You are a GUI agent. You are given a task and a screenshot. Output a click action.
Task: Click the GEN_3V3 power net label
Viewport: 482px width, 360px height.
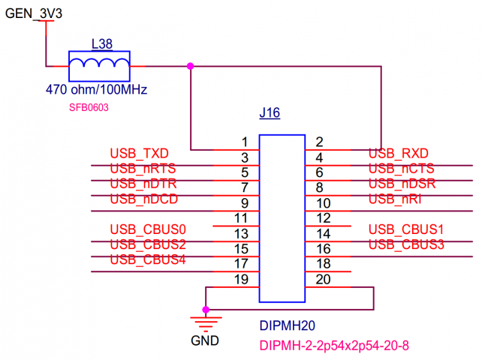point(35,13)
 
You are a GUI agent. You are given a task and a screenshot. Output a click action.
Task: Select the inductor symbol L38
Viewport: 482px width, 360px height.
point(99,66)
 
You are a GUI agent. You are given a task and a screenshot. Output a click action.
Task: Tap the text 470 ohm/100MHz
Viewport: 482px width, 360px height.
point(95,90)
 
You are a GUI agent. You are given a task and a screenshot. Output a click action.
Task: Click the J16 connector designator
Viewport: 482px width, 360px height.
point(269,114)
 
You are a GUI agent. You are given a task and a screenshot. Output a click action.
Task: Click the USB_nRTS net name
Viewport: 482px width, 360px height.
point(143,169)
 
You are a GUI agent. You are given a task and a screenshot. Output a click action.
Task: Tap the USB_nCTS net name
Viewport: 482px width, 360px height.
point(402,169)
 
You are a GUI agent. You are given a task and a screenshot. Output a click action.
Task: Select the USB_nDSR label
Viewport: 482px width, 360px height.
point(402,184)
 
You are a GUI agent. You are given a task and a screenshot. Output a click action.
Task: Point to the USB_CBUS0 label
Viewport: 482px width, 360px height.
point(148,229)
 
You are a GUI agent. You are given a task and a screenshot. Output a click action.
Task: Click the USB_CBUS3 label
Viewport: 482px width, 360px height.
point(407,244)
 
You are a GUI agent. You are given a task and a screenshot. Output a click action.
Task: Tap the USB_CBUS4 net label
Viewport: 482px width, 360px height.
point(148,259)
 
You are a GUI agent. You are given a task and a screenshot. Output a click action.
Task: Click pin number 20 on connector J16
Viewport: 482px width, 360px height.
point(324,279)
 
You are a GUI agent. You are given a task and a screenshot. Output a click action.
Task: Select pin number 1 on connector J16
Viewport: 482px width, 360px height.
point(245,142)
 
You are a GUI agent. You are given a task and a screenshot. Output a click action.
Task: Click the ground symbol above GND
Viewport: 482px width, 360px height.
point(206,322)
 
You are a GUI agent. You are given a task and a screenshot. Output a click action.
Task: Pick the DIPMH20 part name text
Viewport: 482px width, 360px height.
point(288,327)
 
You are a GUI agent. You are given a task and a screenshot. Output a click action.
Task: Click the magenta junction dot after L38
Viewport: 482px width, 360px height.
point(191,66)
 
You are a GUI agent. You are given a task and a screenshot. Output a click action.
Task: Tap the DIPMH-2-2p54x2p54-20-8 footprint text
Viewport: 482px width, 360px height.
point(334,346)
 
